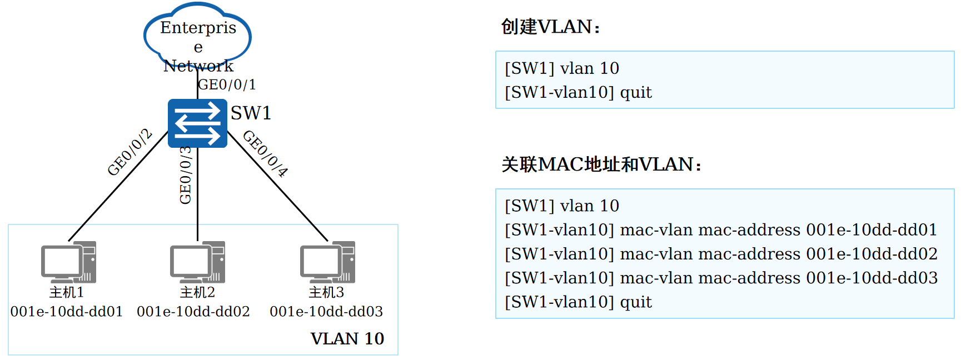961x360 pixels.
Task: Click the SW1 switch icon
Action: pyautogui.click(x=197, y=123)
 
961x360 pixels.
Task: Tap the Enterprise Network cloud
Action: pyautogui.click(x=198, y=34)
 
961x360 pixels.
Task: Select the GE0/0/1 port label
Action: pyautogui.click(x=227, y=84)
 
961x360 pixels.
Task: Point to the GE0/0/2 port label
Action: pyautogui.click(x=130, y=152)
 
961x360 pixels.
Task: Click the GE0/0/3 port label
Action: pyautogui.click(x=186, y=175)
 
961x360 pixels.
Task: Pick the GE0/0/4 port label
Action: pyautogui.click(x=266, y=153)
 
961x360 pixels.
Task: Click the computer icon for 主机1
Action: pyautogui.click(x=68, y=262)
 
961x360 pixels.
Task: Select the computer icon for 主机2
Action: pyautogui.click(x=197, y=262)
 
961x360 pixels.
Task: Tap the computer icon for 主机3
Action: pyautogui.click(x=327, y=262)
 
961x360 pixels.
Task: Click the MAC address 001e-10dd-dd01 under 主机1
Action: pyautogui.click(x=67, y=312)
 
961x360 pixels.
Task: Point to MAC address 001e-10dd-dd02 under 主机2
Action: pyautogui.click(x=193, y=312)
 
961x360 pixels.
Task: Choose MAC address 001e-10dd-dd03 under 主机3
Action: pyautogui.click(x=326, y=312)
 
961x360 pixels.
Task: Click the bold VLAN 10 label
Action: pyautogui.click(x=347, y=338)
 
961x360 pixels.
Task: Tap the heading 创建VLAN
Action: pyautogui.click(x=550, y=27)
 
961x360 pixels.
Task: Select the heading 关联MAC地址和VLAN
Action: pyautogui.click(x=601, y=164)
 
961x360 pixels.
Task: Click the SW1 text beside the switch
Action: pyautogui.click(x=251, y=113)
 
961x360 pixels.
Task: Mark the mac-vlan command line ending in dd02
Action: pyautogui.click(x=721, y=254)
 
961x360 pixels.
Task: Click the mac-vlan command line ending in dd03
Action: pyautogui.click(x=721, y=278)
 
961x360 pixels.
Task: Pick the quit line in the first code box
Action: pyautogui.click(x=578, y=92)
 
